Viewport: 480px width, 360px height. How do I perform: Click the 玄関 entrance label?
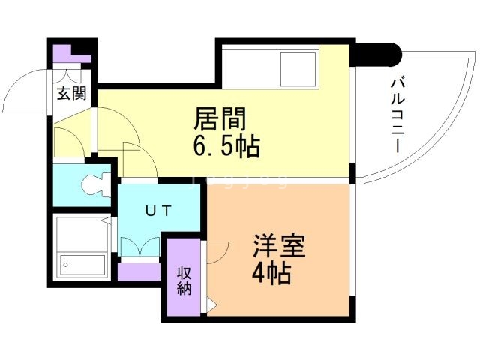[72, 94]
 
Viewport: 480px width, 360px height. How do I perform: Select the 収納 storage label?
[184, 279]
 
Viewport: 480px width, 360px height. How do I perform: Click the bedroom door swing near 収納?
[218, 251]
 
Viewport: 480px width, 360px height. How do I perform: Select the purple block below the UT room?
[139, 271]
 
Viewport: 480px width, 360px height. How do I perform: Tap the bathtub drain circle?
[66, 264]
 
